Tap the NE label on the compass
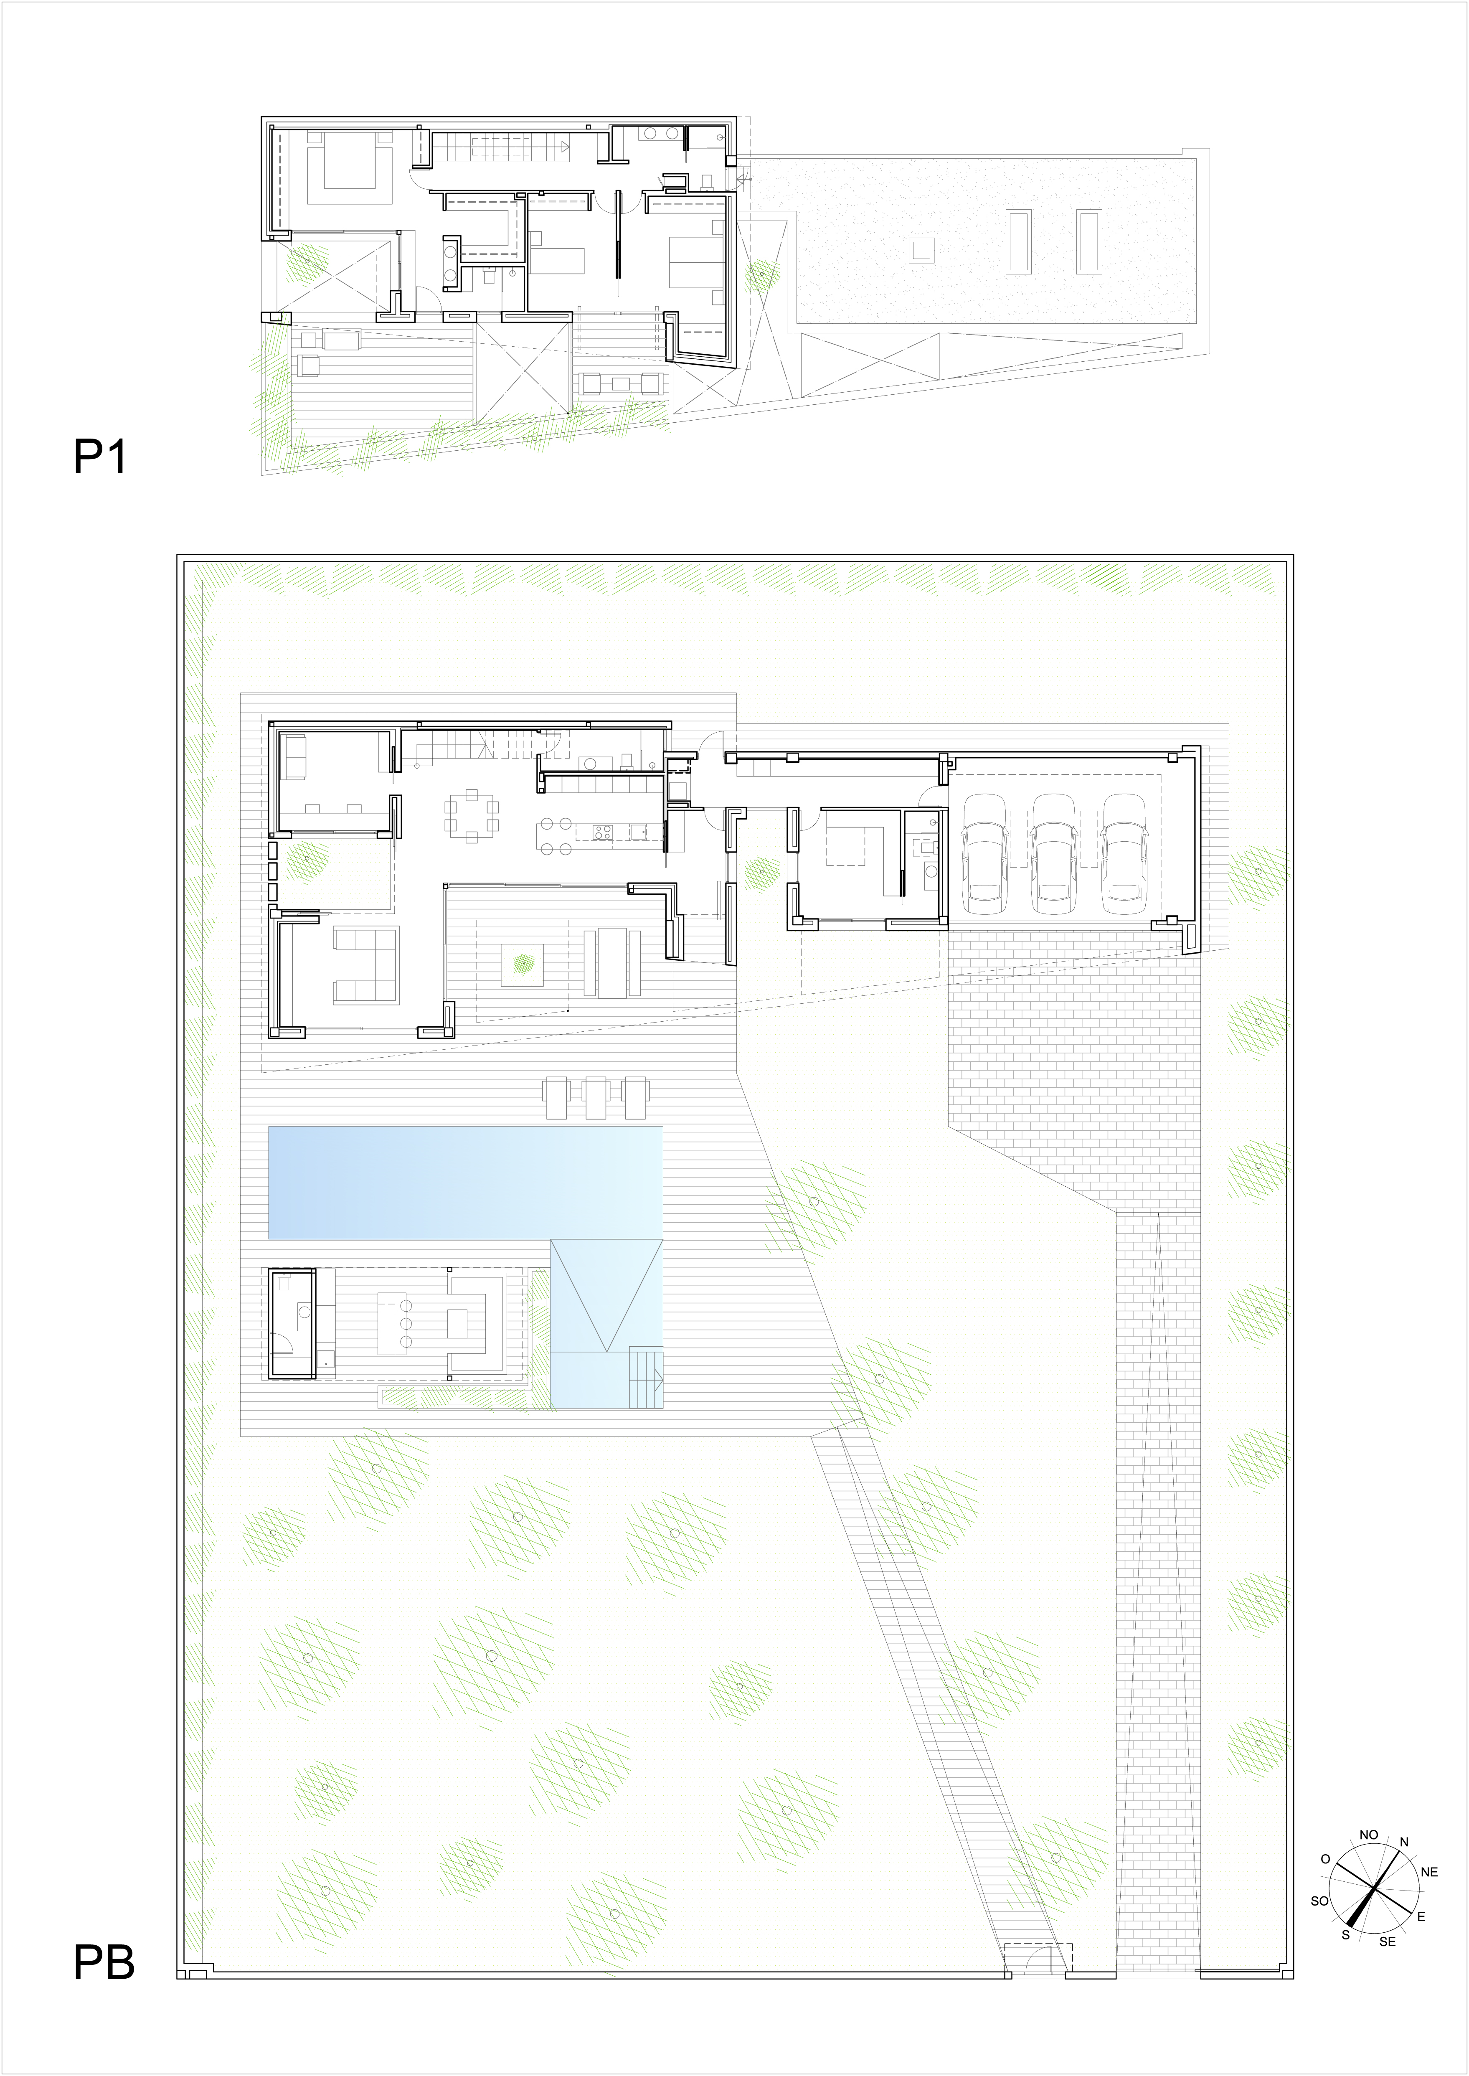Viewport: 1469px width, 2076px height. coord(1429,1872)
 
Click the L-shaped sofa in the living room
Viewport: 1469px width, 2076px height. coord(366,965)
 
